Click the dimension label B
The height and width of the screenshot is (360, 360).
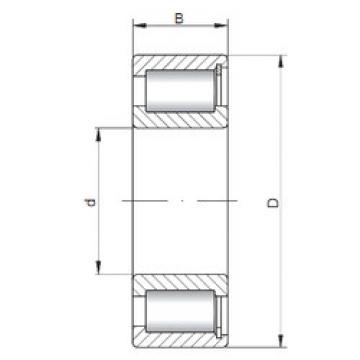(x=179, y=17)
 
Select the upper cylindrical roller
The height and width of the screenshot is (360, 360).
(x=179, y=92)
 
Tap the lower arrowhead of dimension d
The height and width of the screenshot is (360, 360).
(x=99, y=271)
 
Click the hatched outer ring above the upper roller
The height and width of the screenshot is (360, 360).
(x=179, y=63)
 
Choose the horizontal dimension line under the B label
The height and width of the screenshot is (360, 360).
(x=180, y=30)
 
